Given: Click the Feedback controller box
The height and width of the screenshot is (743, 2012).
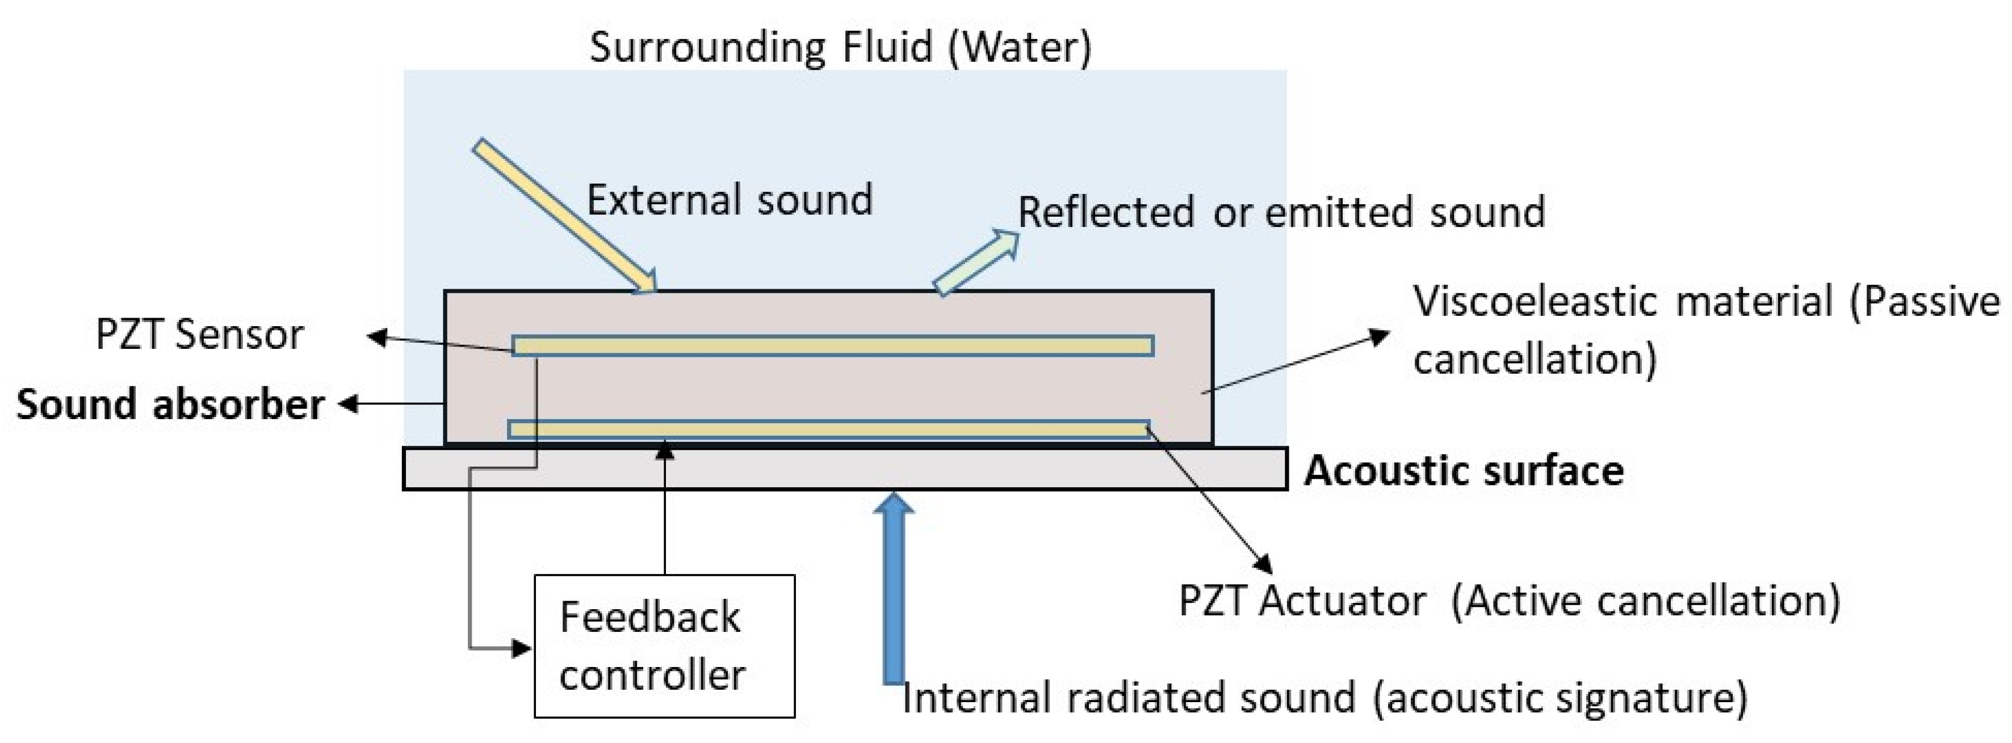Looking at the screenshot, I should (x=664, y=645).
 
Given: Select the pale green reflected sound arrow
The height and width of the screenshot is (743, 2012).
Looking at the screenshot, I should (x=976, y=262).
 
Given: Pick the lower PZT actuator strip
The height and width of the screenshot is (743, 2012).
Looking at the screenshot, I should (x=828, y=429).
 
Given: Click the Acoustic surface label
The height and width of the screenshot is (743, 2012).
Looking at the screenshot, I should (x=1463, y=471).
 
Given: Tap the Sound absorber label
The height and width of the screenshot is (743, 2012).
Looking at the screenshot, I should (x=170, y=404).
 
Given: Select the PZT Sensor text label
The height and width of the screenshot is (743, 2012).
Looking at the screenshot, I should (x=199, y=335).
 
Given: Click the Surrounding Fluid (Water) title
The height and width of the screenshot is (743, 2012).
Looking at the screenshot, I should (x=840, y=47).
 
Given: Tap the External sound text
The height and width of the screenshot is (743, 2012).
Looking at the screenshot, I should (x=730, y=200).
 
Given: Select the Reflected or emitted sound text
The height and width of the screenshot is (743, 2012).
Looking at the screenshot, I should (x=1281, y=212).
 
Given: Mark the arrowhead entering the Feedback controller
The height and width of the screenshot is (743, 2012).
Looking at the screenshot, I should (x=522, y=648).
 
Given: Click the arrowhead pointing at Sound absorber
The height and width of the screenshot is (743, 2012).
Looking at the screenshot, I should (x=349, y=404).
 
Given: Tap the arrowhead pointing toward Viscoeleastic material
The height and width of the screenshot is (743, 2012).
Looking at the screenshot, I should (x=1381, y=336).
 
